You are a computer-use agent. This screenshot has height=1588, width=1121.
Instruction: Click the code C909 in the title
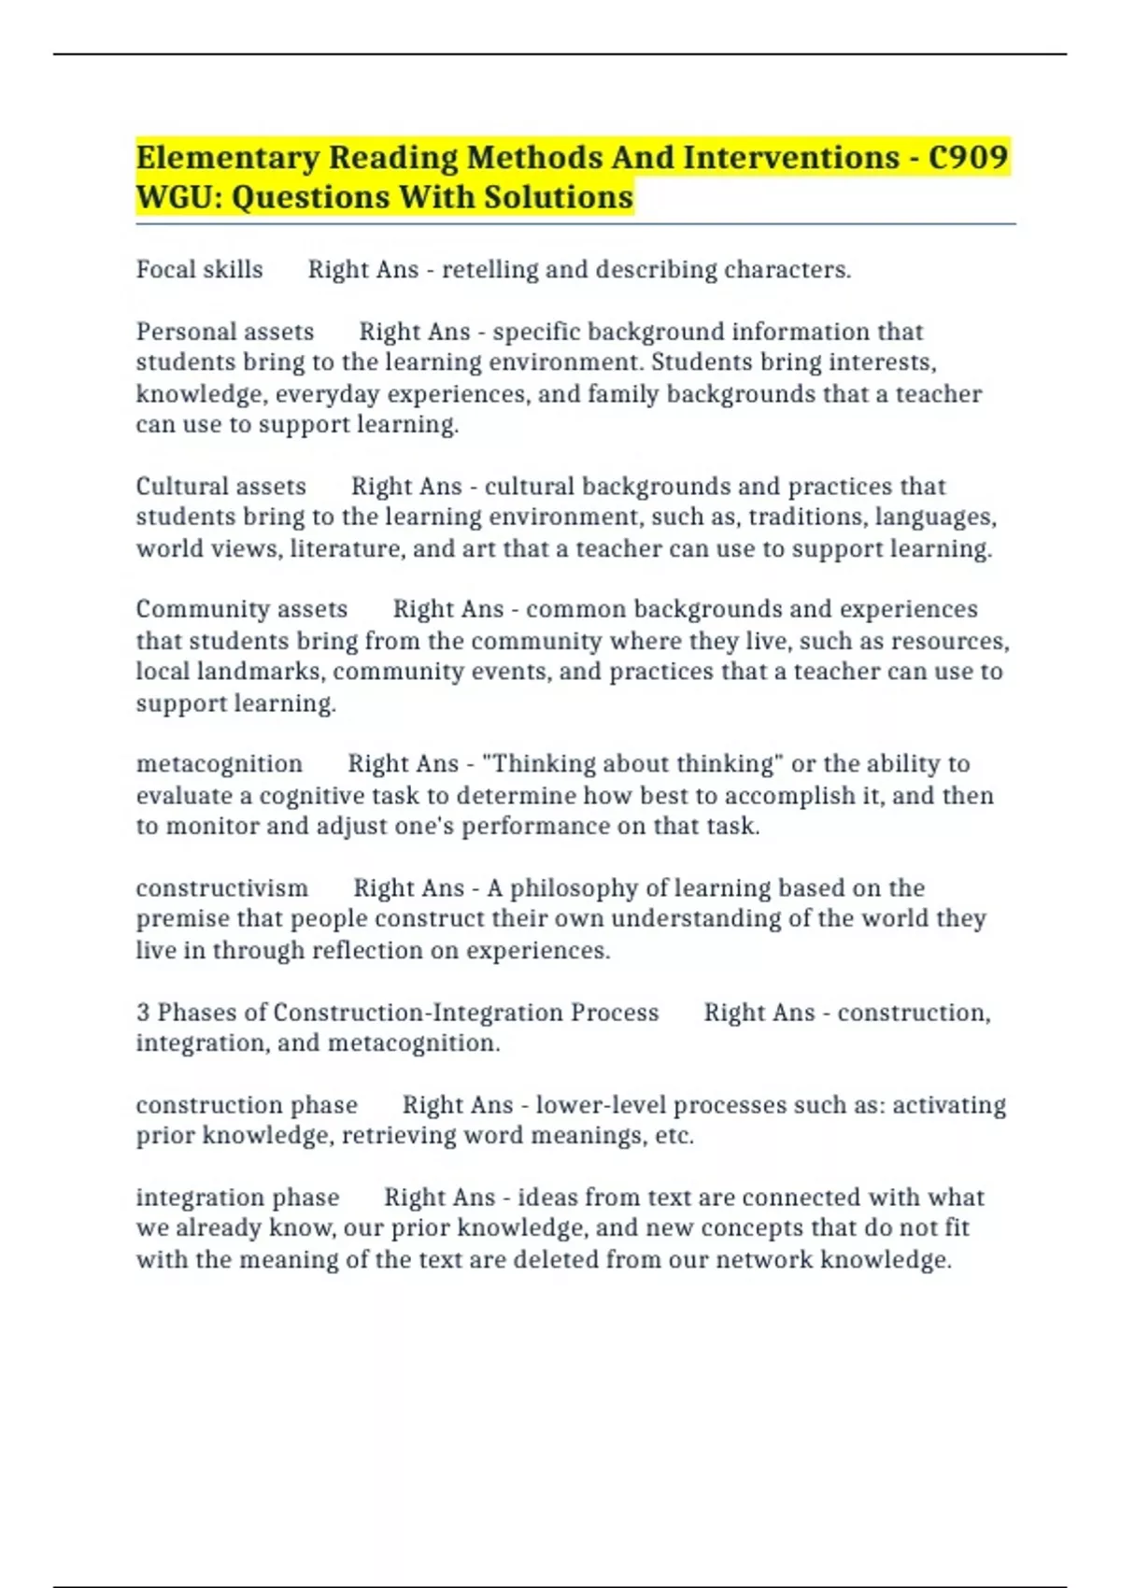coord(968,158)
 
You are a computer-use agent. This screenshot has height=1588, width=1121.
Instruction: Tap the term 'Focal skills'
coord(200,270)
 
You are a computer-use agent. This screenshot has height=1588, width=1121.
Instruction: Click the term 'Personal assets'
coord(225,332)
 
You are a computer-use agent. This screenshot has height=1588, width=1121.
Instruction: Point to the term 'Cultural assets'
coord(221,487)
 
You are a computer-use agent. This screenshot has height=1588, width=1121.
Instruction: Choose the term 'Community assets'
coord(242,609)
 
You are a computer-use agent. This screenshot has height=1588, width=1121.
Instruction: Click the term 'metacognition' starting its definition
coord(220,764)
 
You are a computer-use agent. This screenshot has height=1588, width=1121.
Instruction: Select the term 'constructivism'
coord(221,887)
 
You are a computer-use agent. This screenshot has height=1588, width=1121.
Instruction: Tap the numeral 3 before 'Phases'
coord(143,1013)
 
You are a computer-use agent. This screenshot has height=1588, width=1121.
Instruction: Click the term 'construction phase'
coord(247,1105)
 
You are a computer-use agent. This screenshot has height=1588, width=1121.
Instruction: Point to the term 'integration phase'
coord(237,1198)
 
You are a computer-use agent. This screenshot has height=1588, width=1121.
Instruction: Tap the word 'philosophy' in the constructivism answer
coord(575,887)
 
